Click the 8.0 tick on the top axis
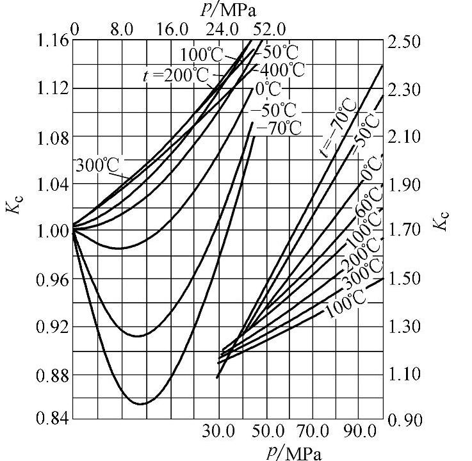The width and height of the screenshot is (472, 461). click(122, 29)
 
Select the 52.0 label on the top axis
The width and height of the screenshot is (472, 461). click(269, 29)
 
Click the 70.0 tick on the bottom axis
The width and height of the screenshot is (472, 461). click(311, 432)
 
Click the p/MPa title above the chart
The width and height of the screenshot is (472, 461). click(233, 11)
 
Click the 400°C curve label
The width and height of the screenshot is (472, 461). click(279, 68)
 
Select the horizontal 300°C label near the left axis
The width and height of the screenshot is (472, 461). click(97, 165)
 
